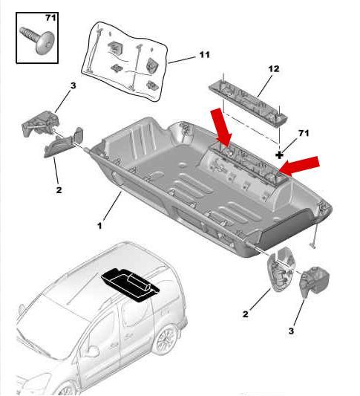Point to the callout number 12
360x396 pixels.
(x=273, y=69)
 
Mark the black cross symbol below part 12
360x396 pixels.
(x=280, y=155)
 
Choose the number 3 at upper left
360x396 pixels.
(x=73, y=87)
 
